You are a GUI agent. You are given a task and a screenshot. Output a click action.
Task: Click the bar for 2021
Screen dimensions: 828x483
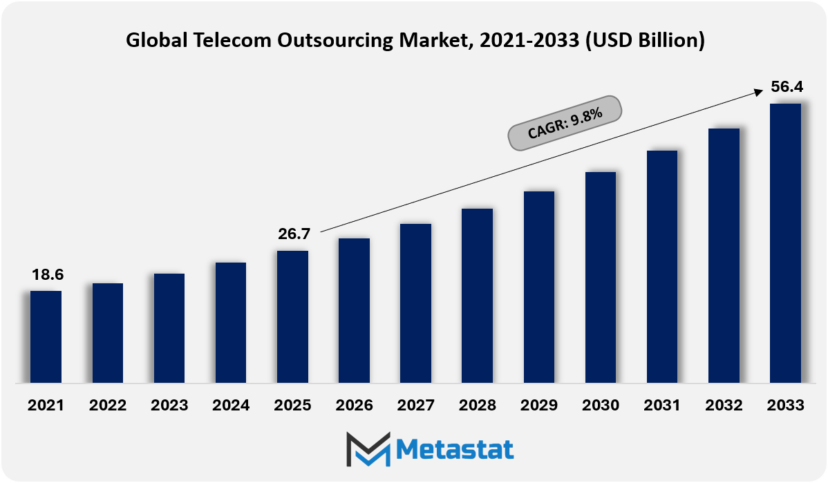[46, 337]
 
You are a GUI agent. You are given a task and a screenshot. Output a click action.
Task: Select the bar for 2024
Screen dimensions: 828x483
[231, 323]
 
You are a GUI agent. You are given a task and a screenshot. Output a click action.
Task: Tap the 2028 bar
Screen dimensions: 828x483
[477, 296]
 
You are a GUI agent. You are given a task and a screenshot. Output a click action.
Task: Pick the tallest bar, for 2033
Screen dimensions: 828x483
[785, 243]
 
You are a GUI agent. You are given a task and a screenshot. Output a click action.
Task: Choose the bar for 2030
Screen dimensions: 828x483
[601, 277]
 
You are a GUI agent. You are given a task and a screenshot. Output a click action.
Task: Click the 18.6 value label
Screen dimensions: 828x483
[48, 274]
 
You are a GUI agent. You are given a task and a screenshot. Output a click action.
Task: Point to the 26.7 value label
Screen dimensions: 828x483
[294, 234]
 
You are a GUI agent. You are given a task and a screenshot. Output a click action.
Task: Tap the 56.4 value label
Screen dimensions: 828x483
[787, 86]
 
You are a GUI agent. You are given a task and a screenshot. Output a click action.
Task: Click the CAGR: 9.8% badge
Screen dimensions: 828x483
[565, 123]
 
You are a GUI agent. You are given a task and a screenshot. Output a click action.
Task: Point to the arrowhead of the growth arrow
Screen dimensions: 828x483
[759, 93]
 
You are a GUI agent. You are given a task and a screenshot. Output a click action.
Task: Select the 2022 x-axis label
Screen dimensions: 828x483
[108, 406]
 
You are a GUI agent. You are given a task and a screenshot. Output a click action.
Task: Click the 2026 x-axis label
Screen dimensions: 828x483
[355, 406]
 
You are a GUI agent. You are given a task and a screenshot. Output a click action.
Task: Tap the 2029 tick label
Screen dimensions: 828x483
[538, 406]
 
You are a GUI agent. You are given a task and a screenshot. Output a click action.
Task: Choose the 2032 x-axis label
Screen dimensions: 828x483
[724, 406]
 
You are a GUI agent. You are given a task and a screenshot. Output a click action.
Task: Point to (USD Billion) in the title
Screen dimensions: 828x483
[645, 41]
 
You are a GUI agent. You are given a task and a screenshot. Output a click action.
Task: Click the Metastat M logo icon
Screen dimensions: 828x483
[368, 448]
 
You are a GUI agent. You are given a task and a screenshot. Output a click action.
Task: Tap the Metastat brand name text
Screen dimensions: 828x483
[455, 450]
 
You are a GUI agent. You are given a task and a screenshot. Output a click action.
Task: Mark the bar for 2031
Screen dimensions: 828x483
[661, 267]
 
